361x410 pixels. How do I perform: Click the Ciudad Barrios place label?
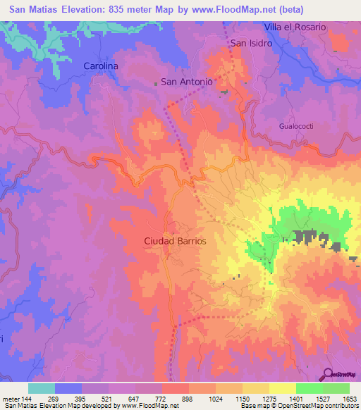point(176,240)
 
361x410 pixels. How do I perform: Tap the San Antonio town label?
point(187,82)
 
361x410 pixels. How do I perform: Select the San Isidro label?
point(252,43)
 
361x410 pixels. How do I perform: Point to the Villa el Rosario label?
point(295,27)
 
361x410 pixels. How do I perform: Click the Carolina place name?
point(101,66)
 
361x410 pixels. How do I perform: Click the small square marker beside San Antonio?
point(156,82)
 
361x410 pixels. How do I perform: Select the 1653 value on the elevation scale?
point(349,397)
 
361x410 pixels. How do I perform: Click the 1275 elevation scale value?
point(269,397)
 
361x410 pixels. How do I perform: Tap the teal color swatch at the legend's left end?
point(41,388)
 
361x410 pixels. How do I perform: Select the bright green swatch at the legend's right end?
point(336,388)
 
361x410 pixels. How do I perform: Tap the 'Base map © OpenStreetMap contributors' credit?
point(298,405)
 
